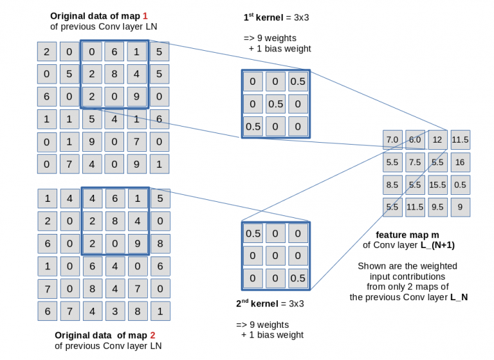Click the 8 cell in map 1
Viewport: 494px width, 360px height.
click(x=114, y=73)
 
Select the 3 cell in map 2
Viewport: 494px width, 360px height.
click(x=114, y=311)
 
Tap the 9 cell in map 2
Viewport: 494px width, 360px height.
click(x=137, y=244)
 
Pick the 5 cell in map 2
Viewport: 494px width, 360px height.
click(x=160, y=199)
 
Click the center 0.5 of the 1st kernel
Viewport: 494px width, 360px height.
click(x=275, y=104)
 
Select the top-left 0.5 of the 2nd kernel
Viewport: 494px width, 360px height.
click(x=253, y=233)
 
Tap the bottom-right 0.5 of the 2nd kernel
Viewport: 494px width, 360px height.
click(x=297, y=278)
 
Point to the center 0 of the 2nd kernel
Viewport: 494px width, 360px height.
click(x=275, y=256)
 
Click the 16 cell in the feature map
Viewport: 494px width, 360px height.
click(x=460, y=163)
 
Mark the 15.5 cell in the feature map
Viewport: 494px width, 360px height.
click(x=437, y=185)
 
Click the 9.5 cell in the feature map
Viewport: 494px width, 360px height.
click(x=437, y=208)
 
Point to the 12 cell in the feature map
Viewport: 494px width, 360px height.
click(x=437, y=139)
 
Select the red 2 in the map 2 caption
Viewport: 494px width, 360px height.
click(x=152, y=335)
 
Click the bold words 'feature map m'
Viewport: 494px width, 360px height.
click(x=405, y=235)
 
